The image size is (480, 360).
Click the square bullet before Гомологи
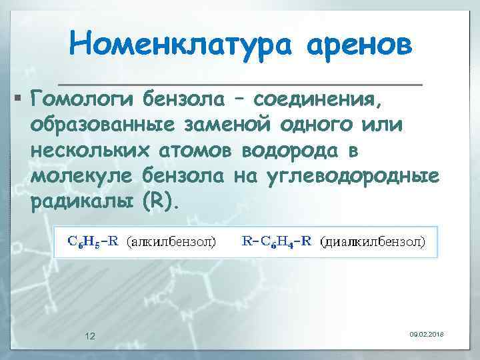pos(19,101)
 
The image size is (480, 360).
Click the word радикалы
pos(81,201)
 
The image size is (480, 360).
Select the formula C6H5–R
pos(93,241)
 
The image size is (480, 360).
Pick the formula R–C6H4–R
pos(276,241)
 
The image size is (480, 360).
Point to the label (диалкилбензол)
pos(373,242)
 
